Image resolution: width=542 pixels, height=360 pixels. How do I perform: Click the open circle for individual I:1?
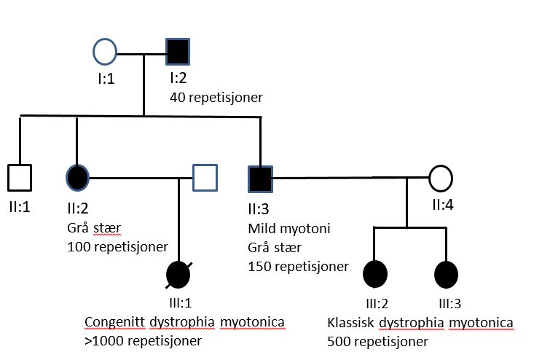coord(105,52)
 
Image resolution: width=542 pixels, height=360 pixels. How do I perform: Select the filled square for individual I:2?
coord(178,52)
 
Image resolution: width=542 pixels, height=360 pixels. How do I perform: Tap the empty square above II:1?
coord(19,177)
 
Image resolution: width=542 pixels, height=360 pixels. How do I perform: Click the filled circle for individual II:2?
coord(76,177)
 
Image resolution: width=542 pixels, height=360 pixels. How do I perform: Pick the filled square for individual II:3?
coord(260,177)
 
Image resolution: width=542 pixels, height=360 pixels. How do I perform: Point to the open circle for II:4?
coord(440,177)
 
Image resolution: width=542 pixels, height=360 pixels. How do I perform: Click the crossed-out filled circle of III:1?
coord(179,275)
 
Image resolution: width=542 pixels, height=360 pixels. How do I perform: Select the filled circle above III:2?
coord(374,275)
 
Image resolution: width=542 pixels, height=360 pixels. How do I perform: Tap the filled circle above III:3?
coord(446,275)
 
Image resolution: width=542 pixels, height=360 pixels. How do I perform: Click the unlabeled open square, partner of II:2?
coord(205,177)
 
